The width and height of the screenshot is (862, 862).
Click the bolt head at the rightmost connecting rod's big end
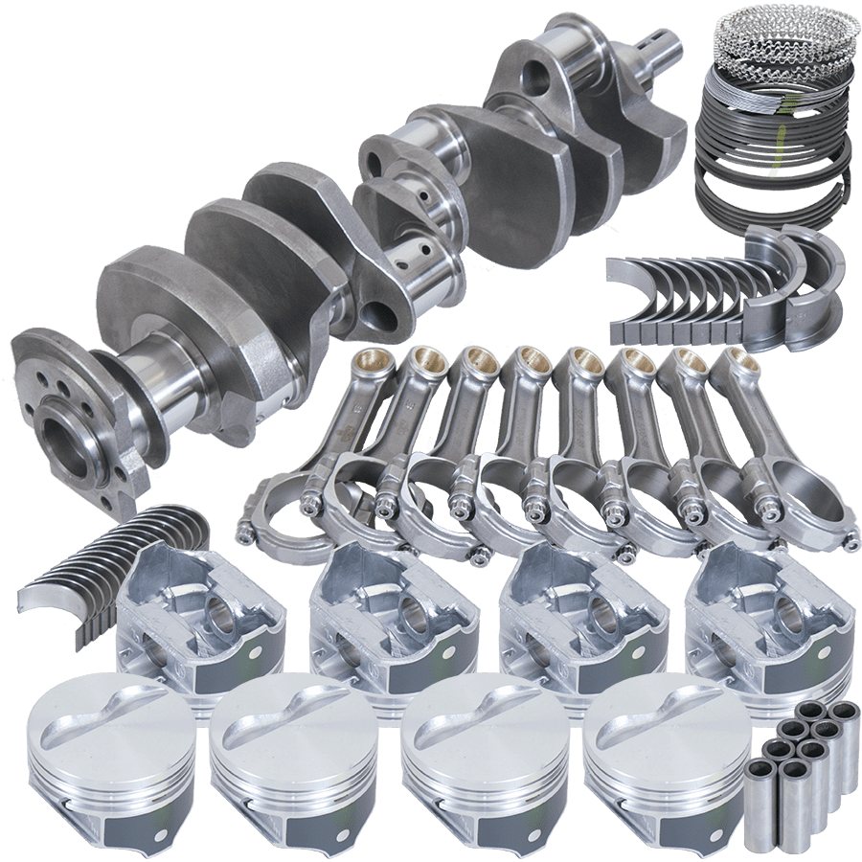pyautogui.click(x=850, y=542)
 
